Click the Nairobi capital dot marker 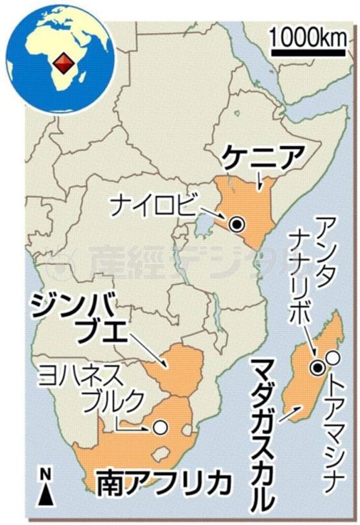236,224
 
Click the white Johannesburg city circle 162,426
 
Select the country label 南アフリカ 159,482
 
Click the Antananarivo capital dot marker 318,367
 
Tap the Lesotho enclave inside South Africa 162,453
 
